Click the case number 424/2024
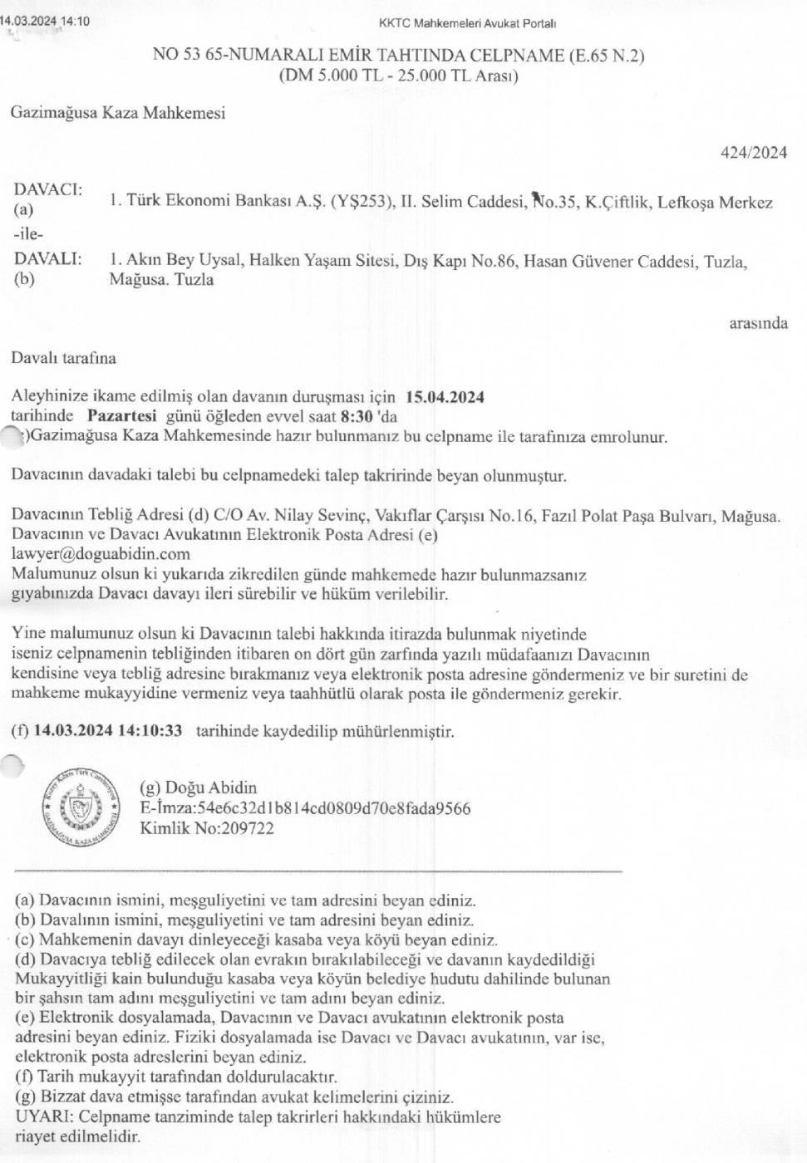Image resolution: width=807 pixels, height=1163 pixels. coord(754,152)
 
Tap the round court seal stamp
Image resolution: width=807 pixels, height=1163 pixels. coord(81,806)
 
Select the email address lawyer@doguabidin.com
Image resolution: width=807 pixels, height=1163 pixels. coord(101,554)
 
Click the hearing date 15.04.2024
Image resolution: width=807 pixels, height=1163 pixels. coord(445,397)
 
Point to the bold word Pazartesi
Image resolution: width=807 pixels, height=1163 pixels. coord(121,416)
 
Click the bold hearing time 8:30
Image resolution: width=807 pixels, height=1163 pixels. coord(357,416)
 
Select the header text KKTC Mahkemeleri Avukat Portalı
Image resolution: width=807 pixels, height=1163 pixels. coord(467,23)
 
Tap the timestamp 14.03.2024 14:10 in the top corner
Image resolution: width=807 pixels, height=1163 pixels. coord(45,21)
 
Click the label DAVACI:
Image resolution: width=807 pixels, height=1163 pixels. coord(48,189)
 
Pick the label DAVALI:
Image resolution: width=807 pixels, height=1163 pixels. coord(48,258)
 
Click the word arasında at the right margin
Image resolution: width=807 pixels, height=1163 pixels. coord(758,323)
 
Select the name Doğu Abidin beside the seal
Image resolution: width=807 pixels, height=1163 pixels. coord(211,788)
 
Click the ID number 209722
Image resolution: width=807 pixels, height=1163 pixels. coord(247,827)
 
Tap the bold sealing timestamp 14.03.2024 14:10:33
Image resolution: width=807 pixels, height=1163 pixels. coord(107,731)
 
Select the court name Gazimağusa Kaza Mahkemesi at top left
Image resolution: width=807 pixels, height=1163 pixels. coord(118,113)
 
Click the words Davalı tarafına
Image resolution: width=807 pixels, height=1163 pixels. coord(63,358)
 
